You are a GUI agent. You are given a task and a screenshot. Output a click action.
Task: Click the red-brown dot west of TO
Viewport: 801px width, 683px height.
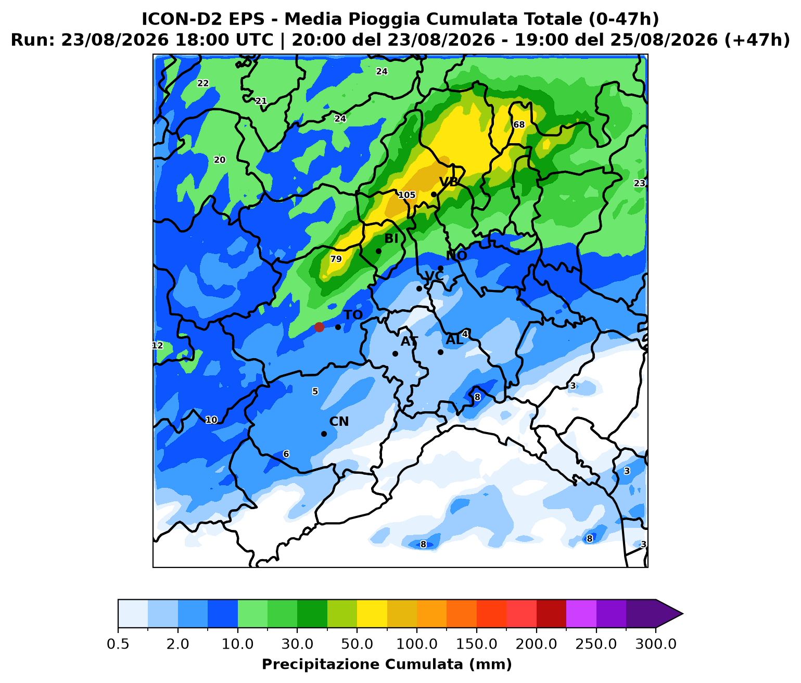click(319, 327)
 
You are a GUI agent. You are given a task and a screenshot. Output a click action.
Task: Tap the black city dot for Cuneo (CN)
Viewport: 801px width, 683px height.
click(324, 434)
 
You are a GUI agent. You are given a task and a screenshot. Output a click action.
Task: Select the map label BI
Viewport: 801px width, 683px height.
click(391, 239)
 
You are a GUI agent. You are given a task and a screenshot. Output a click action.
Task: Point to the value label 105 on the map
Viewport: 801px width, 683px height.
click(407, 195)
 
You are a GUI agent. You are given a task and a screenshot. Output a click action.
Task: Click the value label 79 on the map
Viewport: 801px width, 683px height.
click(336, 259)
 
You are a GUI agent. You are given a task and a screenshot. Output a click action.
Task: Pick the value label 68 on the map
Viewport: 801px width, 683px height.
click(518, 125)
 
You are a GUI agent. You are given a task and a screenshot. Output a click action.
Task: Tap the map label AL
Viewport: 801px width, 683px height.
click(454, 340)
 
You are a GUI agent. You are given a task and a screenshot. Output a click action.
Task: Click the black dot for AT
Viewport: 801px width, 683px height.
click(395, 353)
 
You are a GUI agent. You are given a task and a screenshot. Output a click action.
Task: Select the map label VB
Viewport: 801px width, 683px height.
click(448, 182)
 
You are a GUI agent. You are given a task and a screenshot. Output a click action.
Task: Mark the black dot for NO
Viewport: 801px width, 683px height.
click(441, 268)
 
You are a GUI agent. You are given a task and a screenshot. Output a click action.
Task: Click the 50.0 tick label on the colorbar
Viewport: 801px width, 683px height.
click(357, 644)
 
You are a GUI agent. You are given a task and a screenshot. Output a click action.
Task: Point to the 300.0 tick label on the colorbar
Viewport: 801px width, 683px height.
click(656, 644)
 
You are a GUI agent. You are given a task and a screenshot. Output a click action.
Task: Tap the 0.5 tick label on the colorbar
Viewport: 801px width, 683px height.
click(118, 644)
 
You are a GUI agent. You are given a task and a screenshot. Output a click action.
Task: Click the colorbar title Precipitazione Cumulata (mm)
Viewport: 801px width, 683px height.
click(387, 664)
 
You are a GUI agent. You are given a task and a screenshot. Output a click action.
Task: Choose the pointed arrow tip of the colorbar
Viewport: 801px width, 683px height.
click(683, 614)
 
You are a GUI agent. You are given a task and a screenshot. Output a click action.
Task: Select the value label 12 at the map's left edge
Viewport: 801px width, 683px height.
click(157, 345)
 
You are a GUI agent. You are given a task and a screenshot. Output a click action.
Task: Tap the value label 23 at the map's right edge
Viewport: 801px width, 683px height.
click(640, 183)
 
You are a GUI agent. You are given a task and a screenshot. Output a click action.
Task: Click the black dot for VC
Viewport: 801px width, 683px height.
click(419, 288)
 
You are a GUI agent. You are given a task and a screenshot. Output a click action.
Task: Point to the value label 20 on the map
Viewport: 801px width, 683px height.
click(220, 160)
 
